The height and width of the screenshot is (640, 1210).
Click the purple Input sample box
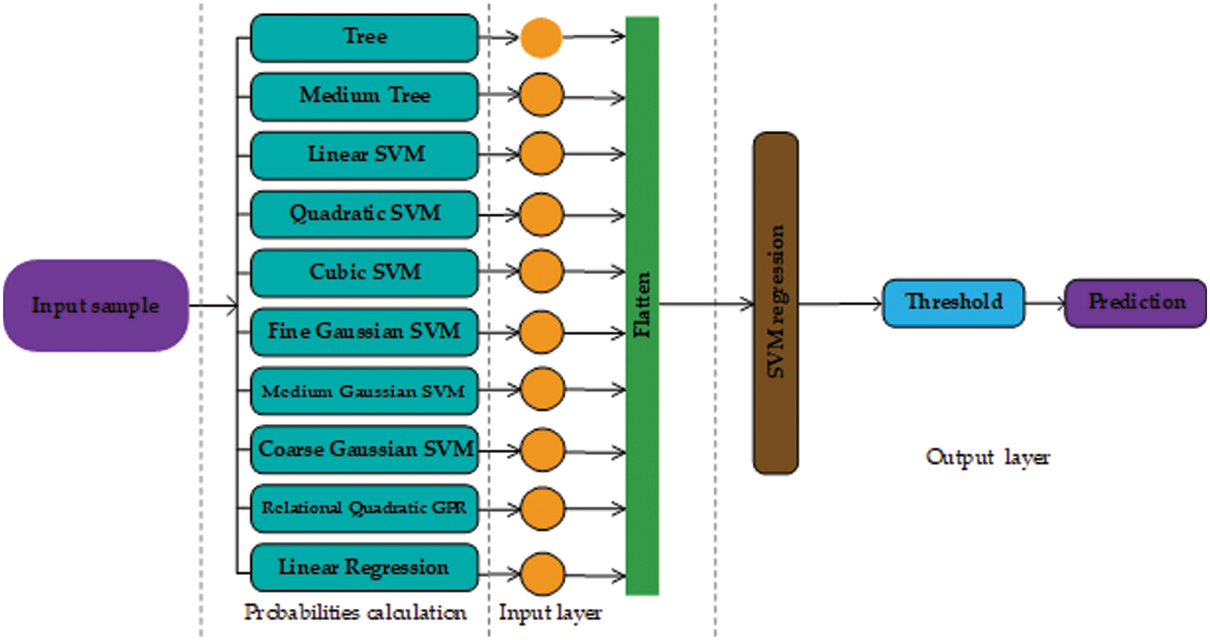pos(96,306)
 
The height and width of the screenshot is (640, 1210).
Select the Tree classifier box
pos(364,38)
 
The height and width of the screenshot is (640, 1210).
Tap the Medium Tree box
pos(364,96)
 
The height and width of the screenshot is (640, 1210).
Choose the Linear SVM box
pos(364,155)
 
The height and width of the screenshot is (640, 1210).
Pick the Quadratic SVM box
pos(364,214)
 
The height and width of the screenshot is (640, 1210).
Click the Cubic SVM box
pos(364,273)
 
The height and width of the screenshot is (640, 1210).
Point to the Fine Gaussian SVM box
pos(364,332)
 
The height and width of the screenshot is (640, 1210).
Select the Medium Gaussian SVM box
pos(364,391)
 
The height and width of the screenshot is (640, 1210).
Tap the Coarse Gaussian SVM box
pos(364,450)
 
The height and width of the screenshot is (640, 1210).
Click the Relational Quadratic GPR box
pos(364,508)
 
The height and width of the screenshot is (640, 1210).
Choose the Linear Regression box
pos(364,567)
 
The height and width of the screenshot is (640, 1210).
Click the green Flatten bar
pos(642,306)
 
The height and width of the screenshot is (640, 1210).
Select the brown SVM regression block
pos(775,302)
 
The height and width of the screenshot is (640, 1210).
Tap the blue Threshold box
pos(953,303)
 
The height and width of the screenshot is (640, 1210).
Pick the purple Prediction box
pos(1135,303)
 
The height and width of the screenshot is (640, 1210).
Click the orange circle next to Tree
pos(541,38)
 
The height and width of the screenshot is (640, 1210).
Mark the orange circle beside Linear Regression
pos(543,574)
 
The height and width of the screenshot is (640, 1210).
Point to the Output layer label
pos(987,457)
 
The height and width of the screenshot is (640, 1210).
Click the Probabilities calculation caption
pos(355,613)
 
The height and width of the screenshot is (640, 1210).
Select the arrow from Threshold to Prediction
pos(1044,303)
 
